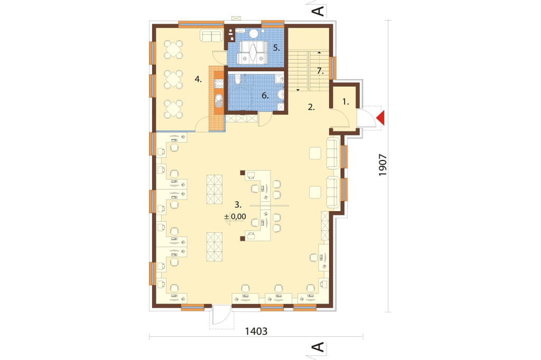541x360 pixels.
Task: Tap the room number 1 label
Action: click(x=346, y=102)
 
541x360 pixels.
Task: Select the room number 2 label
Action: click(x=311, y=107)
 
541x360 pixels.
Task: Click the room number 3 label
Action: click(x=238, y=204)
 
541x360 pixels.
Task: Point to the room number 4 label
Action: click(x=198, y=79)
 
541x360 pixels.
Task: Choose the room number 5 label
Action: click(x=276, y=48)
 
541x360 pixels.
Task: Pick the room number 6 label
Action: click(x=265, y=96)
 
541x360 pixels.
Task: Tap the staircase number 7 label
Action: click(x=320, y=71)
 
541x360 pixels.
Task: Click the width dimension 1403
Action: click(x=256, y=331)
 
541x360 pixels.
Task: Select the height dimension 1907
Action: click(x=383, y=165)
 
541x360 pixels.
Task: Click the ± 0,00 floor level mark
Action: click(x=235, y=216)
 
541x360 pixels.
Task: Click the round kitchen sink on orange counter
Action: click(x=219, y=100)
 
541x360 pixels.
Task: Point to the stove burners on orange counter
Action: click(x=219, y=83)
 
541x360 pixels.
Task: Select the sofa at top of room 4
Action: click(x=211, y=35)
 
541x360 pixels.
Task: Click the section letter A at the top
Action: click(x=319, y=11)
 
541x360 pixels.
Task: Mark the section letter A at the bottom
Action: click(x=319, y=347)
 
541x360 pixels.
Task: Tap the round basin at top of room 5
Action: click(x=254, y=33)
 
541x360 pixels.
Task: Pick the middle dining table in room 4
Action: click(x=173, y=80)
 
